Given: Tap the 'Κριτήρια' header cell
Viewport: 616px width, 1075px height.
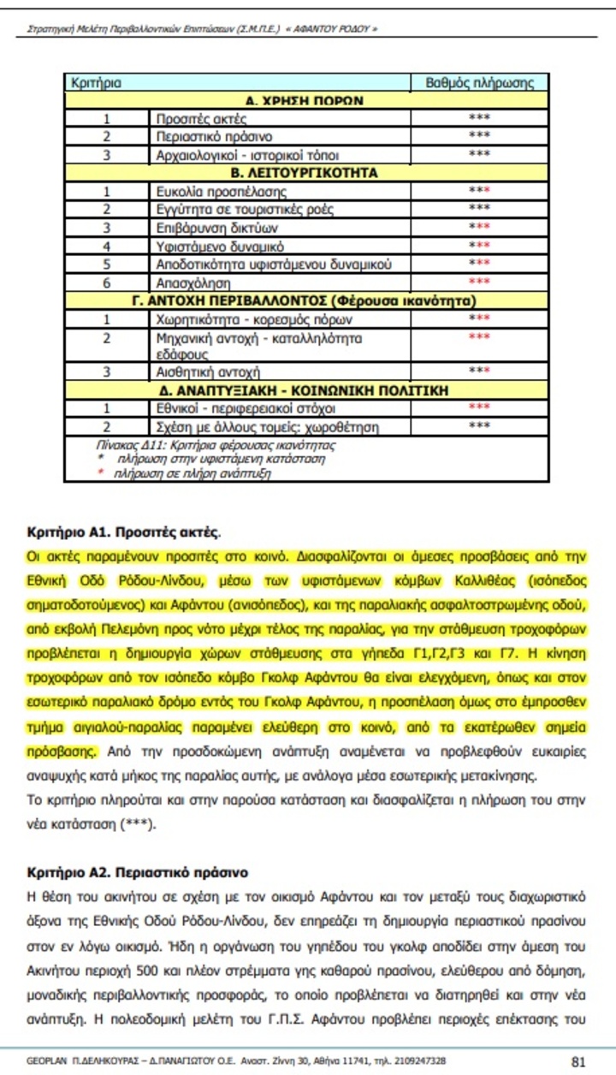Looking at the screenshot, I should pyautogui.click(x=96, y=83).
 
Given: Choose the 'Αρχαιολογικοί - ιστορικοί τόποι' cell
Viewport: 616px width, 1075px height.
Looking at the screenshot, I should pyautogui.click(x=235, y=155).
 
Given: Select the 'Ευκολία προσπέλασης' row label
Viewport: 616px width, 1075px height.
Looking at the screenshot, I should pyautogui.click(x=221, y=192).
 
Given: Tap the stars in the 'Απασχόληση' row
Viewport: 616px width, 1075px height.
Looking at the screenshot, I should pyautogui.click(x=479, y=282).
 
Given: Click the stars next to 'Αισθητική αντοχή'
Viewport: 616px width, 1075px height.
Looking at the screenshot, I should pyautogui.click(x=479, y=371).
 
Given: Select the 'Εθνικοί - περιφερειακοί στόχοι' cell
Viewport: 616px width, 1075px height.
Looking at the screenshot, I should pyautogui.click(x=240, y=407).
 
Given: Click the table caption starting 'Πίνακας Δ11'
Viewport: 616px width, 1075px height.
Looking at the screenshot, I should pyautogui.click(x=215, y=445).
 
